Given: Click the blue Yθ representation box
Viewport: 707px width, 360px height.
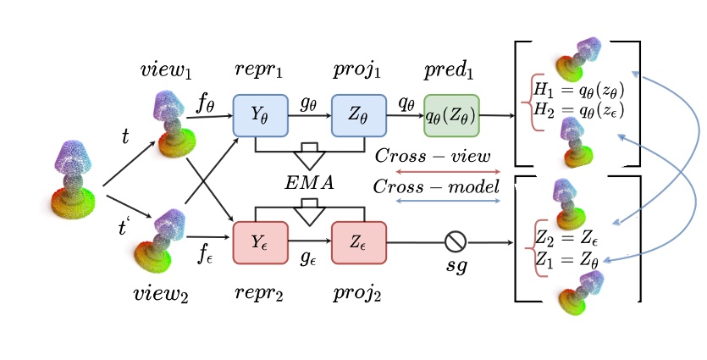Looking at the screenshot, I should pos(261,116).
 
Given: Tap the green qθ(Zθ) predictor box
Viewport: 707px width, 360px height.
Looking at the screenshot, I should pos(451,116).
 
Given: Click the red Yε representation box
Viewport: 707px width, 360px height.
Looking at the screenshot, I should pos(261,242).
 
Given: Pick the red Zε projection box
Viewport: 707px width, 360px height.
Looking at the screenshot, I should pos(358,242).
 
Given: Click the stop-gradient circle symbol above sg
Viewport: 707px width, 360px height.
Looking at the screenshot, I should pos(455,242).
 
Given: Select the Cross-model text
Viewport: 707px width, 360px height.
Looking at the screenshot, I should pos(437,186).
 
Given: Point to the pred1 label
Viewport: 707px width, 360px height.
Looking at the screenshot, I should pos(450,67).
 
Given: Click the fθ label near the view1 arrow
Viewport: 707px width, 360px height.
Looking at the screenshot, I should pos(205,105).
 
